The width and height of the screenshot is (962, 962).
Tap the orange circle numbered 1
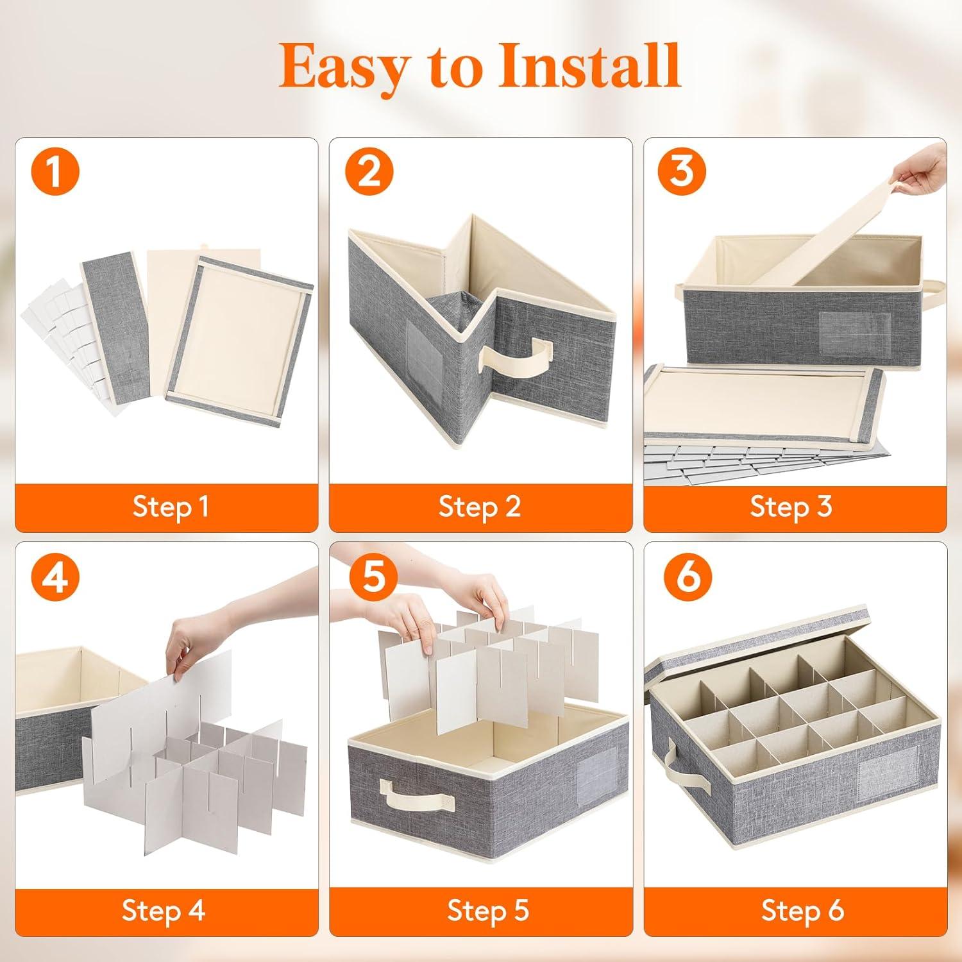55,171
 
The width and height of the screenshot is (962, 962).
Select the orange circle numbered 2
369,171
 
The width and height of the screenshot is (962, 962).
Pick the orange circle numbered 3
681,171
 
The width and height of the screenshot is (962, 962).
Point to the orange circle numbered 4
55,577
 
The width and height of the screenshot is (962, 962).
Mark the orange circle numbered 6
688,577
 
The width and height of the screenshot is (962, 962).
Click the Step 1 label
171,507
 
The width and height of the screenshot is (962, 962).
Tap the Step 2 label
479,507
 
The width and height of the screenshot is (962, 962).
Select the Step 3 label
791,507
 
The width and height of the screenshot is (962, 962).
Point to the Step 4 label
163,910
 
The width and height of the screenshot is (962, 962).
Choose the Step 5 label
488,910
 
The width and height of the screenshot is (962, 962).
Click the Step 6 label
802,910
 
